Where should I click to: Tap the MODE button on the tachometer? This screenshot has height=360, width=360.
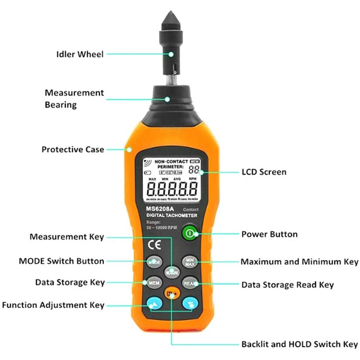153,262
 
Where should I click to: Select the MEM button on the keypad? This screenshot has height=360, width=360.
153,283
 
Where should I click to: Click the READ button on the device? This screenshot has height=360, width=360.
190,283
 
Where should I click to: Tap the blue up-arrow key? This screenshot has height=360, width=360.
153,303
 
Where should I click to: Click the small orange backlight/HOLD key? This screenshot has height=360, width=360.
172,295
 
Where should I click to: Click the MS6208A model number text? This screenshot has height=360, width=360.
160,208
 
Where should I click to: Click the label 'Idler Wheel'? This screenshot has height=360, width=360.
80,54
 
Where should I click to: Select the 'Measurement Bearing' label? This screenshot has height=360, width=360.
74,98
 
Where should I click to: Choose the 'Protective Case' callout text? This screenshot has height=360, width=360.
73,149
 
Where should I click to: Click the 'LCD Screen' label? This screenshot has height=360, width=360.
264,172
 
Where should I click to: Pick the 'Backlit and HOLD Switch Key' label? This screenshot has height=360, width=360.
299,344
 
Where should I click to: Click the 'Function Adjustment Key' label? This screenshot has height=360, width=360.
53,305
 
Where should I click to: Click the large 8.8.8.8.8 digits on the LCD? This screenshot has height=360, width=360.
172,190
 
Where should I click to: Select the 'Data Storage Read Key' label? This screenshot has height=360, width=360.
288,285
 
